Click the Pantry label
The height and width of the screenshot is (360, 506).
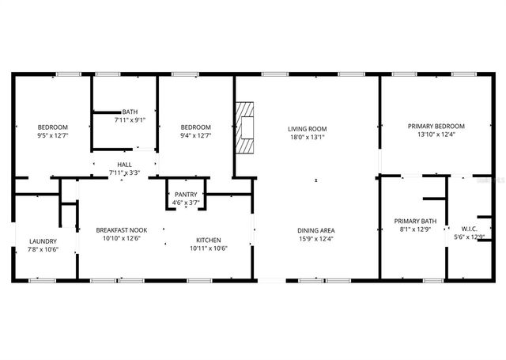[x=186, y=195]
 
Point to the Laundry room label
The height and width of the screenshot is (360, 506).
[x=43, y=241]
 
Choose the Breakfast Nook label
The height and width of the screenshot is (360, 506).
[x=119, y=229]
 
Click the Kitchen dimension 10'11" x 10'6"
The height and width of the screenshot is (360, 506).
[x=209, y=248]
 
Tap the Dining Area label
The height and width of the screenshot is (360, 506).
[x=314, y=229]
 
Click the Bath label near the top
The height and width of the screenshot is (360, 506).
[x=130, y=112]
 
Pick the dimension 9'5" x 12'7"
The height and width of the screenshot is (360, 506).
[x=53, y=135]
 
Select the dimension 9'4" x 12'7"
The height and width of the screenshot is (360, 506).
[x=195, y=135]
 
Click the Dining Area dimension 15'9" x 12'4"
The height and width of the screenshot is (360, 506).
[x=314, y=238]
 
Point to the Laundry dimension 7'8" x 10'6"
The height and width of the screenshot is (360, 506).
[x=43, y=250]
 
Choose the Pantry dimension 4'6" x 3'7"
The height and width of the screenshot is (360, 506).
[x=186, y=203]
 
